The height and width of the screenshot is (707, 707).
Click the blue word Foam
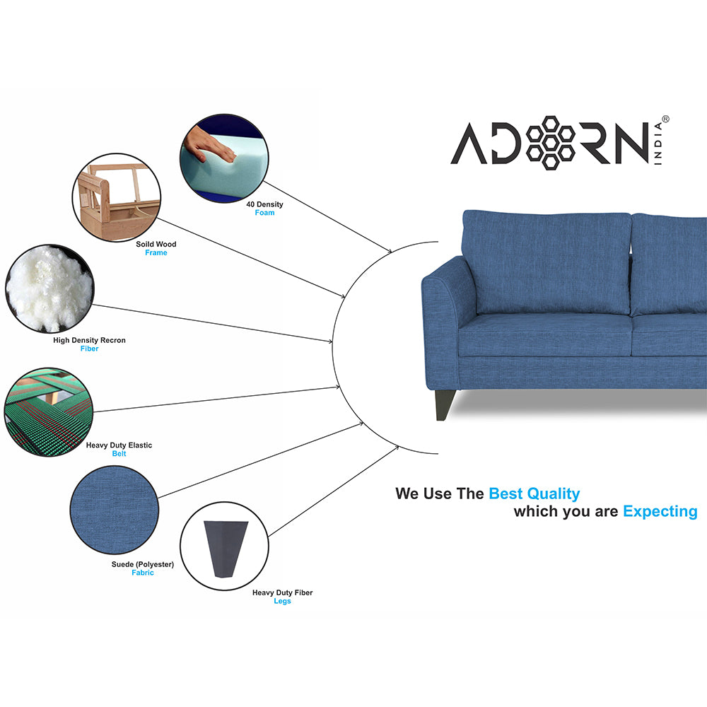point(264,213)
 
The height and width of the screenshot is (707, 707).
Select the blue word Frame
point(156,253)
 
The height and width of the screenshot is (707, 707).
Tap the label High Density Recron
point(89,340)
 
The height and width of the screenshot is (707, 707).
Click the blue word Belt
point(119,454)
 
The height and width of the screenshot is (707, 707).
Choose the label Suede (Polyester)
point(142,564)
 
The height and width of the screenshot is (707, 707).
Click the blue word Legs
point(282,601)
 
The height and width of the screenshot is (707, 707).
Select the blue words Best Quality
point(534,493)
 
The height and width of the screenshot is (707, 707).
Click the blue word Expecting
point(660,511)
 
